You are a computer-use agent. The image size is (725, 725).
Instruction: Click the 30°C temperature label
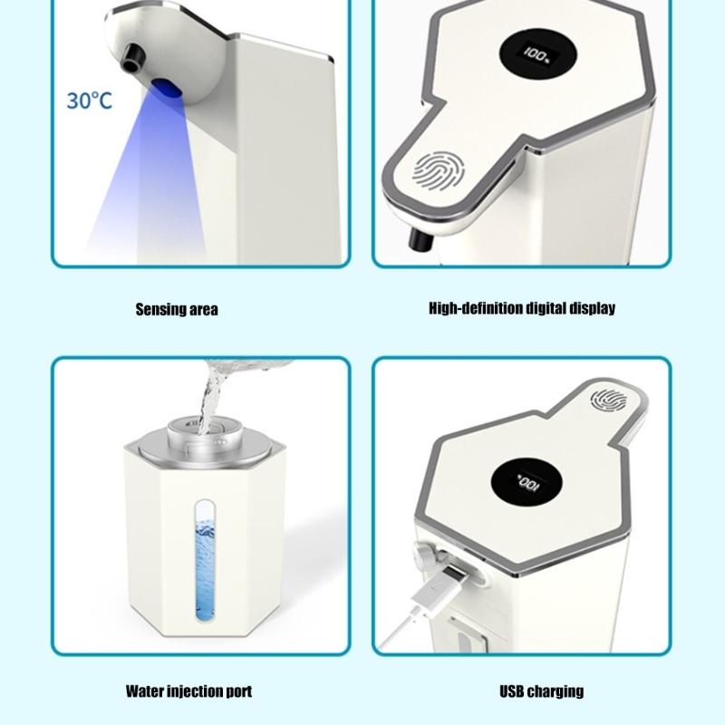(89, 100)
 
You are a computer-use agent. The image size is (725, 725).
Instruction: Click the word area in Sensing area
(203, 309)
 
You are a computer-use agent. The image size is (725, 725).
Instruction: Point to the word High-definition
(475, 308)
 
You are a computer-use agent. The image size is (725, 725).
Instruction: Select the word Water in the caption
(145, 692)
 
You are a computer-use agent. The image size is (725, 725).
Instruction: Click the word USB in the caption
(513, 691)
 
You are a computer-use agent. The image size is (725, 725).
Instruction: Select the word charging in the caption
(556, 691)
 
